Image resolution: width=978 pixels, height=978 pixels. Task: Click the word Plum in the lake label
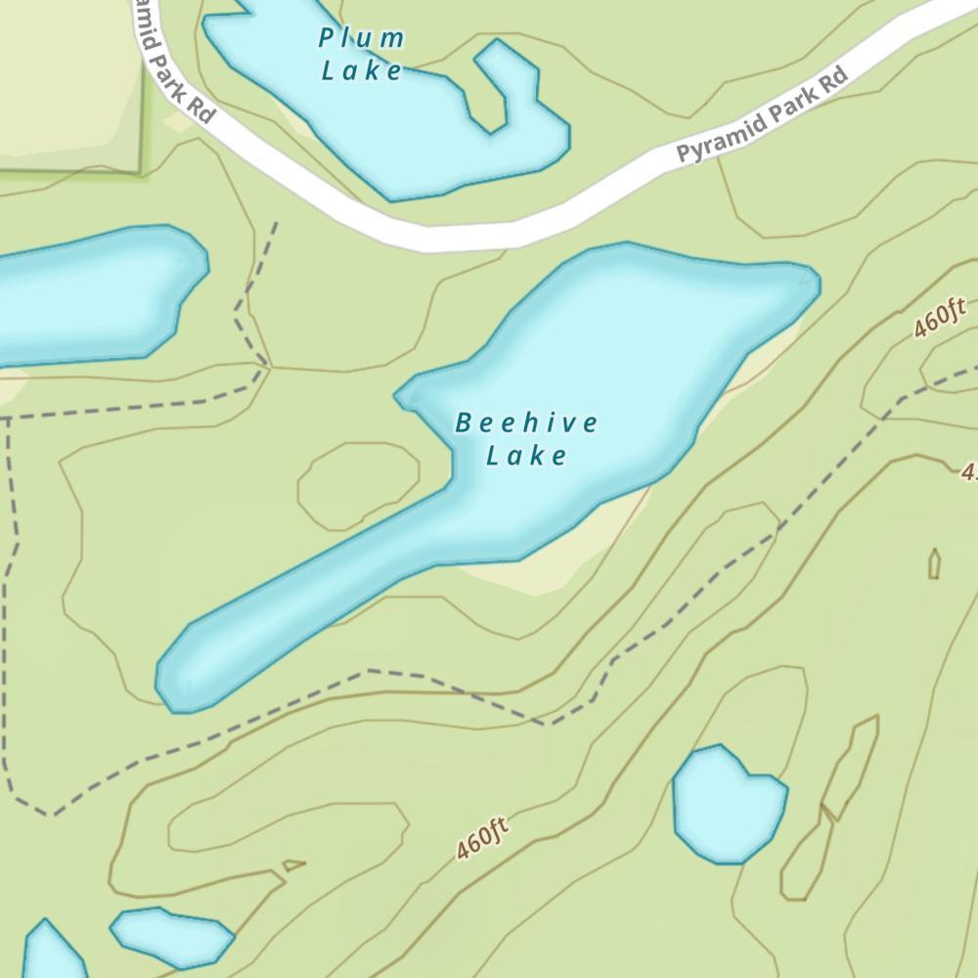coord(362,39)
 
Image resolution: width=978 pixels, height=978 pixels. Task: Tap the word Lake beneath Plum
coord(362,70)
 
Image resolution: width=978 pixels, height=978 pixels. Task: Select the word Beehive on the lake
coord(526,423)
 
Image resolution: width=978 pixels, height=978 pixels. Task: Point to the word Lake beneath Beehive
coord(526,456)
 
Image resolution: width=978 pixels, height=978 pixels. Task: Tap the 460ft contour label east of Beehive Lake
coord(940,319)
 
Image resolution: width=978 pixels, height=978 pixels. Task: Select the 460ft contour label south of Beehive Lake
coord(483,839)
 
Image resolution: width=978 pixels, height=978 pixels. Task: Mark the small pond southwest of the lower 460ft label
coord(171,934)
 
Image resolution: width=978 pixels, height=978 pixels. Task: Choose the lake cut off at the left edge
coord(93,293)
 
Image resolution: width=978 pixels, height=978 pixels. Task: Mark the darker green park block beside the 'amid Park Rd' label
coord(68,88)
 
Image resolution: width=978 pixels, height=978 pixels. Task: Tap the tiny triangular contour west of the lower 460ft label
coord(292,865)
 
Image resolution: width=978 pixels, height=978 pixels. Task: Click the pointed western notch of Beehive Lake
coord(403,397)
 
